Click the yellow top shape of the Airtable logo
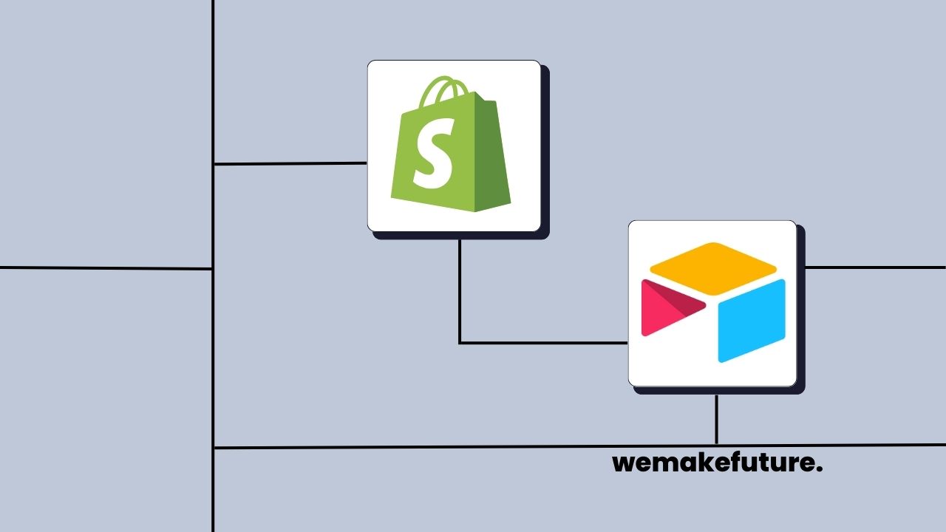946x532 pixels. pyautogui.click(x=712, y=267)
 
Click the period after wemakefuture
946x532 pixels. pyautogui.click(x=820, y=471)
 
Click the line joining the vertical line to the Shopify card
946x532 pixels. pyautogui.click(x=290, y=163)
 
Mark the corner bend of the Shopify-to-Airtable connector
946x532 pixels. pyautogui.click(x=460, y=343)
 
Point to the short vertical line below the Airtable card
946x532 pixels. pyautogui.click(x=716, y=419)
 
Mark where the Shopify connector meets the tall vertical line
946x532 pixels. pyautogui.click(x=214, y=164)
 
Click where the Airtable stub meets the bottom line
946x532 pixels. pyautogui.click(x=716, y=446)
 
